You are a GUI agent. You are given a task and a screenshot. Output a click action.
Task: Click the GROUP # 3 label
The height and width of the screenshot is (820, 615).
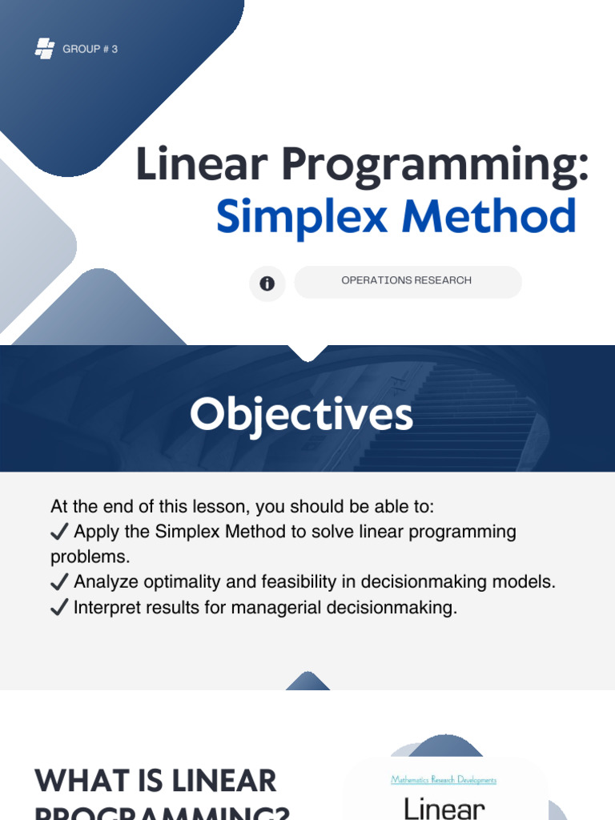click(90, 50)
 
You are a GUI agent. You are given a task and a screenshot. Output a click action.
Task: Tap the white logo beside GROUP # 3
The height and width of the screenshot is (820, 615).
click(45, 49)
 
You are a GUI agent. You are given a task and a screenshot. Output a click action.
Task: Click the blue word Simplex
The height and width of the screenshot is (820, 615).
click(303, 216)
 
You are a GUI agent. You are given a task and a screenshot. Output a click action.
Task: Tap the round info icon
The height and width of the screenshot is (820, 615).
click(267, 283)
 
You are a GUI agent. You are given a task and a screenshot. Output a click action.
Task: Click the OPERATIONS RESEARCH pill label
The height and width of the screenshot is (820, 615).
click(407, 281)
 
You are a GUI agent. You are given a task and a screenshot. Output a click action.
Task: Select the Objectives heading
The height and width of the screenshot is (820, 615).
click(301, 415)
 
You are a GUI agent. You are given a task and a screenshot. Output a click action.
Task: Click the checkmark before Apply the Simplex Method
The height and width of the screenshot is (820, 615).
click(59, 533)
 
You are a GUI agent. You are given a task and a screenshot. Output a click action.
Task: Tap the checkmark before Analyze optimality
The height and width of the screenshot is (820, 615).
click(59, 582)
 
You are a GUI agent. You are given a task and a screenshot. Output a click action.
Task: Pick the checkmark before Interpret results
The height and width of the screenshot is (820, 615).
click(59, 608)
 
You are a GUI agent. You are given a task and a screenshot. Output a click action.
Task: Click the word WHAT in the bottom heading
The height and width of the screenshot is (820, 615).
click(80, 781)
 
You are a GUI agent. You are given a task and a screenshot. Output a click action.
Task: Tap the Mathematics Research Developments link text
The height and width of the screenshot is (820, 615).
click(444, 779)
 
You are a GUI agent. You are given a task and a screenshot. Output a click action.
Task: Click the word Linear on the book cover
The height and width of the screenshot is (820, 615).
click(444, 807)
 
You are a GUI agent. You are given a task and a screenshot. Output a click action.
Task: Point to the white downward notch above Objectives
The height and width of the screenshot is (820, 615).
click(307, 352)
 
